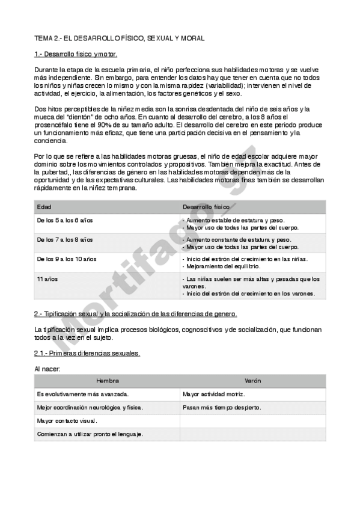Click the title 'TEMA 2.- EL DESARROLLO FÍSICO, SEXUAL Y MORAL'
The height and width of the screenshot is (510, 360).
pos(120,38)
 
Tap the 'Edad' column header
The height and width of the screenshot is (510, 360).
pos(44,206)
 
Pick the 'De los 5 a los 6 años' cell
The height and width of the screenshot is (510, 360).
pos(65,221)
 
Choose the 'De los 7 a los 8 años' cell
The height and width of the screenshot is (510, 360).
pos(65,239)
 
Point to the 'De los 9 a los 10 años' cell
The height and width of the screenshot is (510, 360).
pos(67,259)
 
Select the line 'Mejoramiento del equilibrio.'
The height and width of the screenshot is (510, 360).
pos(222,265)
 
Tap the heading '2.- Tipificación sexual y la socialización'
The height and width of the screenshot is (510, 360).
pos(136,314)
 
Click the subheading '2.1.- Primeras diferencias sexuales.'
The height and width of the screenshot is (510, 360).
pos(88,353)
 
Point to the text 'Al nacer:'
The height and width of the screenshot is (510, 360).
pos(47,368)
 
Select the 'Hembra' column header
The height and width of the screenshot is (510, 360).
pos(108,381)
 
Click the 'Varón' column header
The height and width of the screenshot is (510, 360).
pos(253,381)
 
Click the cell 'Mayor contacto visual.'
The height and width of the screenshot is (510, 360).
pos(67,421)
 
